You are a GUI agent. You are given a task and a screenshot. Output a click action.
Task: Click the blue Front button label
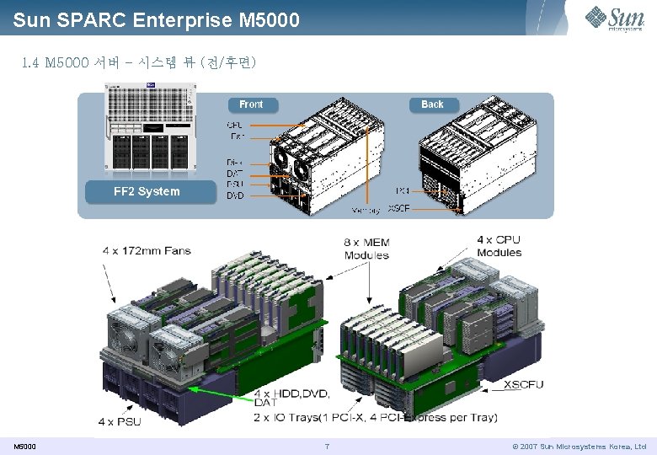(x=251, y=104)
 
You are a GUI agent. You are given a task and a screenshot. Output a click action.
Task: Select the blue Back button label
(x=432, y=104)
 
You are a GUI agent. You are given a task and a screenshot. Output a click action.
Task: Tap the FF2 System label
(x=147, y=191)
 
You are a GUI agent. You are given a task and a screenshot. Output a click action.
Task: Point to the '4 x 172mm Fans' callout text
(x=147, y=250)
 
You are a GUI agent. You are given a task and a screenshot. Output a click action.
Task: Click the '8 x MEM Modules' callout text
(x=366, y=248)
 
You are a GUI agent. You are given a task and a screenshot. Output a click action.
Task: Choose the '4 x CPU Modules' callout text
(x=499, y=246)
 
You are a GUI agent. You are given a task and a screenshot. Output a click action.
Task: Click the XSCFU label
(x=523, y=385)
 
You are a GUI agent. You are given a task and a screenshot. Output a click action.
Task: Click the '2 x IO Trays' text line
(x=375, y=417)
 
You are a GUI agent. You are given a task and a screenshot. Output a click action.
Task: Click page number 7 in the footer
(x=327, y=446)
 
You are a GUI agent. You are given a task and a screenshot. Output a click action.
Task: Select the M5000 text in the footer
(x=24, y=446)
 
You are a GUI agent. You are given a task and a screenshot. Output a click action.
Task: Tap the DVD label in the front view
(x=236, y=196)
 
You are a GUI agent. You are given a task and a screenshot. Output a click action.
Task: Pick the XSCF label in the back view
(x=398, y=208)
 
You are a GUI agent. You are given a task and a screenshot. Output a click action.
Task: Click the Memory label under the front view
(x=365, y=210)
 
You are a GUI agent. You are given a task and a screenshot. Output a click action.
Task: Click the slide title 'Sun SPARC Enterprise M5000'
(x=156, y=19)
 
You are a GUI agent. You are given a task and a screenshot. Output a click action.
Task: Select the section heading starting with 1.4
(x=138, y=63)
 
